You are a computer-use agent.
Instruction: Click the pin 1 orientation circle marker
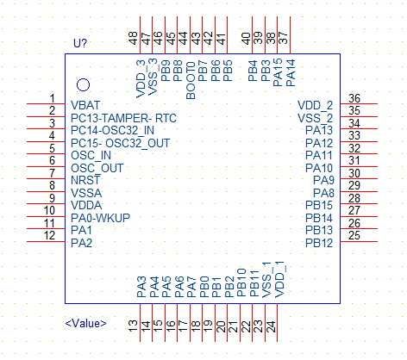tap(83, 85)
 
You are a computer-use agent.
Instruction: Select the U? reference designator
tap(80, 43)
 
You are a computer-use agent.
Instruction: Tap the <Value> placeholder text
tap(85, 324)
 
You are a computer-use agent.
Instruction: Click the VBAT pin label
tap(85, 105)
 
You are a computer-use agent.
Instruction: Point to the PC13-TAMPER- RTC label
tap(123, 118)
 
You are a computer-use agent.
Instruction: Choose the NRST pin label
tap(85, 180)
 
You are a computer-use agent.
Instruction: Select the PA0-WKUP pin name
tap(100, 218)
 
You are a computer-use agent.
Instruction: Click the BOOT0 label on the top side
tap(191, 80)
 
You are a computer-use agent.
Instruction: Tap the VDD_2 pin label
tap(315, 106)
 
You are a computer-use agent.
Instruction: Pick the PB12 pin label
tap(319, 243)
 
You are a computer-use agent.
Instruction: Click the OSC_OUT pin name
tap(97, 168)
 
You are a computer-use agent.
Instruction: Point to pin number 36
tap(354, 98)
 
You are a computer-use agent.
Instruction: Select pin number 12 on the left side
tap(49, 236)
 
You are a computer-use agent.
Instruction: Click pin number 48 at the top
tap(133, 38)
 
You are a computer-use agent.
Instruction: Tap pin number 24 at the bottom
tap(271, 326)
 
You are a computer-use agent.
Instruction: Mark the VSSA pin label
tap(86, 193)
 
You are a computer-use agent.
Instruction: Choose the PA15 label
tap(278, 73)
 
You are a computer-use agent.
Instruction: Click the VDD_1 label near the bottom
tap(279, 280)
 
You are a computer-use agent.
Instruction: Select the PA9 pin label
tap(323, 180)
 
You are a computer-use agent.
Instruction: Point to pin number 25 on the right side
tap(354, 236)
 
